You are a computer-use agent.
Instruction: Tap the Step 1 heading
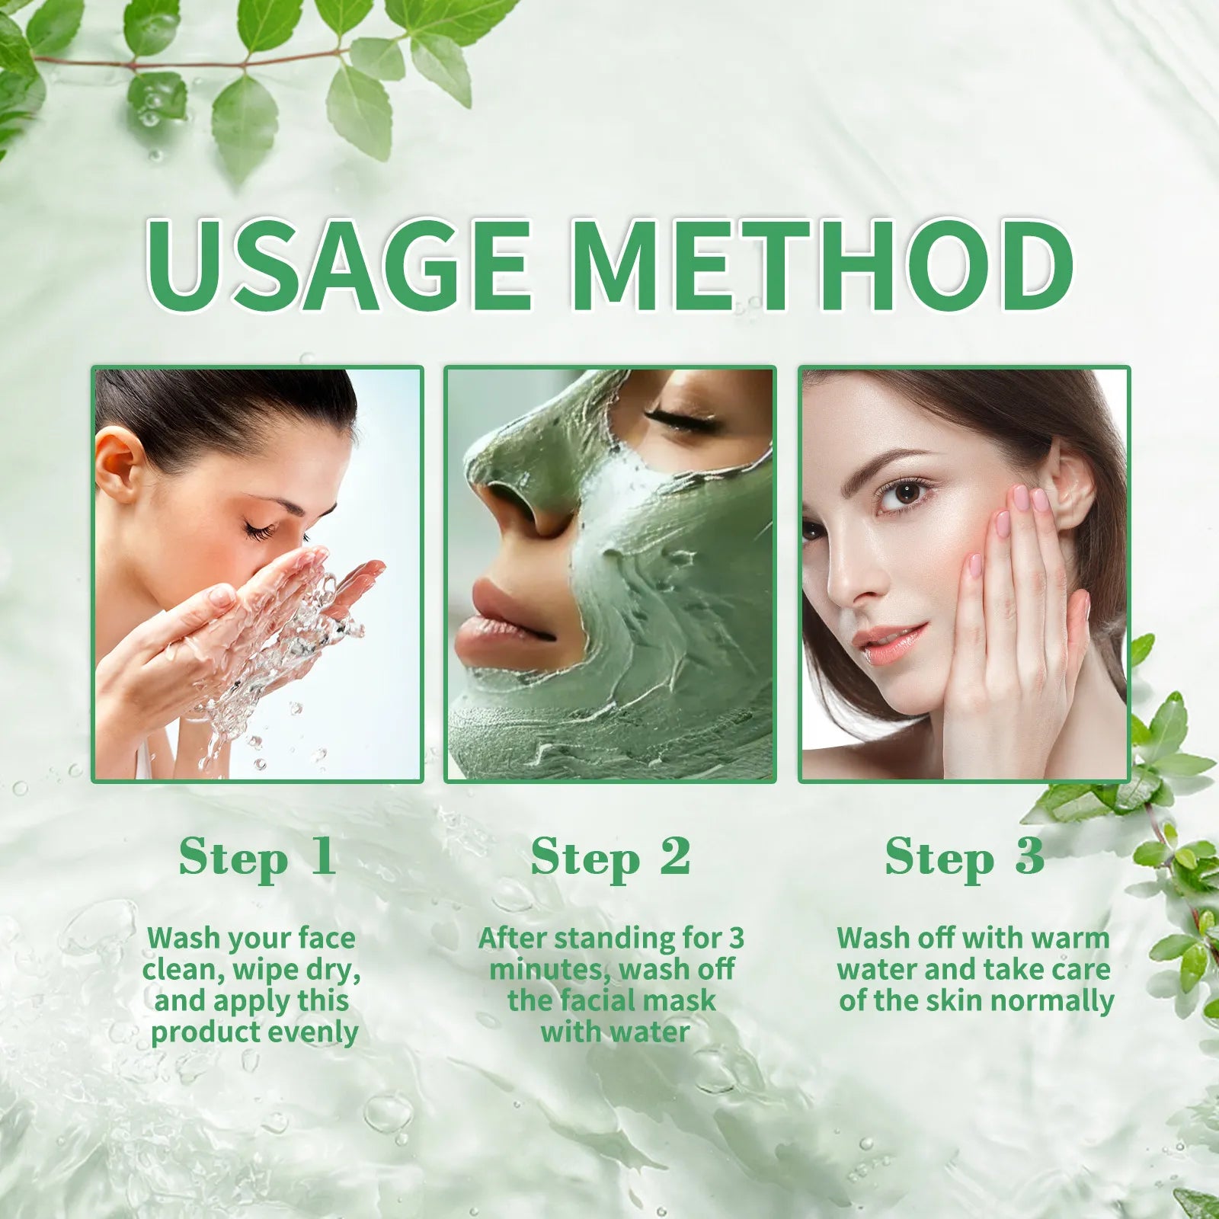(257, 858)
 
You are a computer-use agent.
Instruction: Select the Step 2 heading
(610, 858)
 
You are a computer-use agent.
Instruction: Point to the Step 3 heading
(964, 858)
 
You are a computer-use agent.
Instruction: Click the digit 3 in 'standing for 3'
(736, 938)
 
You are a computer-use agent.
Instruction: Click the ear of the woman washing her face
(118, 464)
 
